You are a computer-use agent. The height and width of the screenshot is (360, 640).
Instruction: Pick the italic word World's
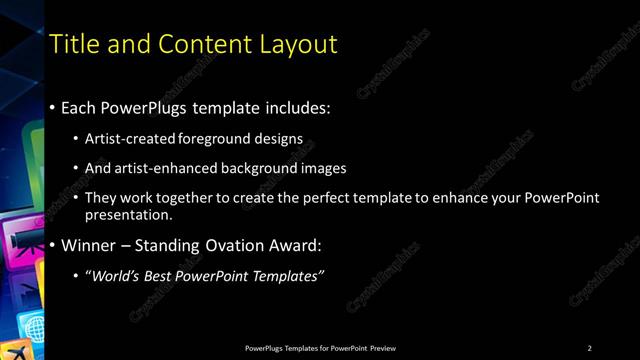click(122, 275)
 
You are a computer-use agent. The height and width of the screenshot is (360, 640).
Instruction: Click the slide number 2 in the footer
click(590, 347)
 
